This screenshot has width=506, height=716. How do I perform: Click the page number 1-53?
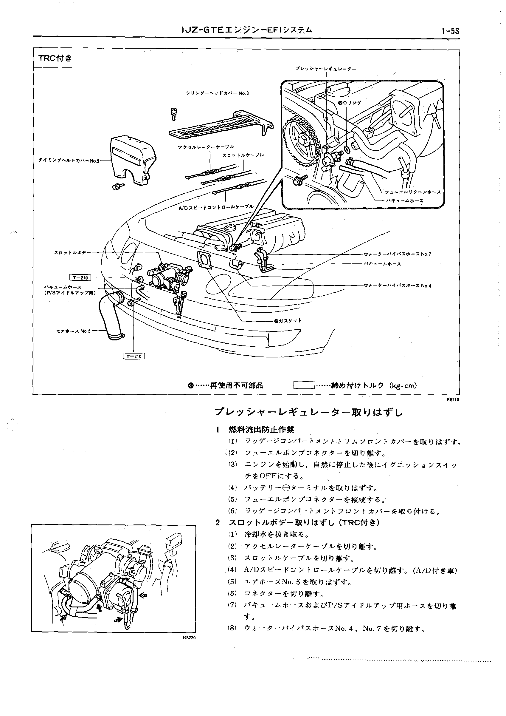tap(450, 31)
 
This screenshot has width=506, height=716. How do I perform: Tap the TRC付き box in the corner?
tap(55, 58)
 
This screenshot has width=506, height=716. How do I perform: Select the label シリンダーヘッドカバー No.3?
tap(218, 93)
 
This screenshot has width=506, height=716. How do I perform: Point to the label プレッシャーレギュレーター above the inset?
tap(326, 69)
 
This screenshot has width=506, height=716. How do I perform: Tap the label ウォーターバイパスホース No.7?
tap(397, 254)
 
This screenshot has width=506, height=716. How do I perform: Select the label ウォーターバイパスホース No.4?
tap(397, 286)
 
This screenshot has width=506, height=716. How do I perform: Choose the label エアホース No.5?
tap(73, 331)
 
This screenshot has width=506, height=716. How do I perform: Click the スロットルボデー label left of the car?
tap(72, 253)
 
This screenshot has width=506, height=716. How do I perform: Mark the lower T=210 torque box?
tap(134, 357)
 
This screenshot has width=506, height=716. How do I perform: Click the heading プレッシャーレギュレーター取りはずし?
tap(308, 413)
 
